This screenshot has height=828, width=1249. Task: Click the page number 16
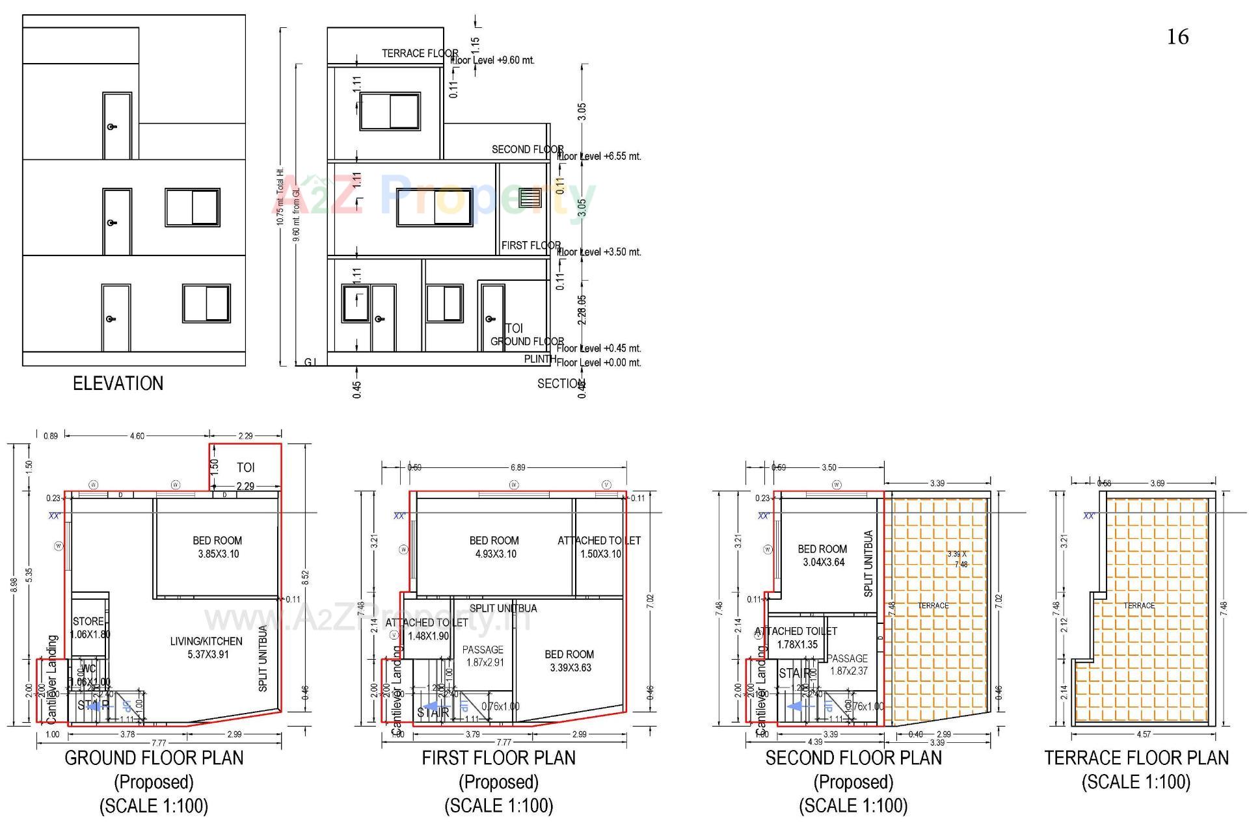(x=1177, y=37)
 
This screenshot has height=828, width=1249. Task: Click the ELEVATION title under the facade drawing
(x=118, y=383)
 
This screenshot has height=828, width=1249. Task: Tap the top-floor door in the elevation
(x=117, y=126)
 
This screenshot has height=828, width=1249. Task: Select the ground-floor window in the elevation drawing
(x=206, y=304)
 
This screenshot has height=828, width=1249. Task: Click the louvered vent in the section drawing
(x=530, y=198)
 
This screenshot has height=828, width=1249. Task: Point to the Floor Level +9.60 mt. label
(x=493, y=60)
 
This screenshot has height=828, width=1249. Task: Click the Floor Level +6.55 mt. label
(x=599, y=157)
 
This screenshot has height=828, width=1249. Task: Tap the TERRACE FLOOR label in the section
(x=420, y=53)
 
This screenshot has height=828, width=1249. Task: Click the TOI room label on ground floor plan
(x=245, y=468)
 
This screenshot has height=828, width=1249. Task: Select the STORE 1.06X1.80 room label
(x=90, y=628)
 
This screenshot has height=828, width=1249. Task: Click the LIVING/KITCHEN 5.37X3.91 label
(x=206, y=648)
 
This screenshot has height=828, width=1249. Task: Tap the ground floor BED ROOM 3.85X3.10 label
(x=217, y=547)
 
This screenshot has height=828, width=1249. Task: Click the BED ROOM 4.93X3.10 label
(x=494, y=547)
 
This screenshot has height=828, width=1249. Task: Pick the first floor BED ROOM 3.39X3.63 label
(x=569, y=661)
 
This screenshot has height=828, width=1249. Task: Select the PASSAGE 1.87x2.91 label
(x=483, y=656)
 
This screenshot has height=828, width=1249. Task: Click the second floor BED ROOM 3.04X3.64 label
(x=822, y=556)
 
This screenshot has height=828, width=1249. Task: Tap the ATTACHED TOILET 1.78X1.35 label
(x=796, y=638)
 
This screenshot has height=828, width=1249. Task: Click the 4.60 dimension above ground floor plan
(x=137, y=436)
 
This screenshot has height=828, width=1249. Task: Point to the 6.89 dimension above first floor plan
(x=517, y=467)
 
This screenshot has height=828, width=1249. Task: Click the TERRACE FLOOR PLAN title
(x=1136, y=758)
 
